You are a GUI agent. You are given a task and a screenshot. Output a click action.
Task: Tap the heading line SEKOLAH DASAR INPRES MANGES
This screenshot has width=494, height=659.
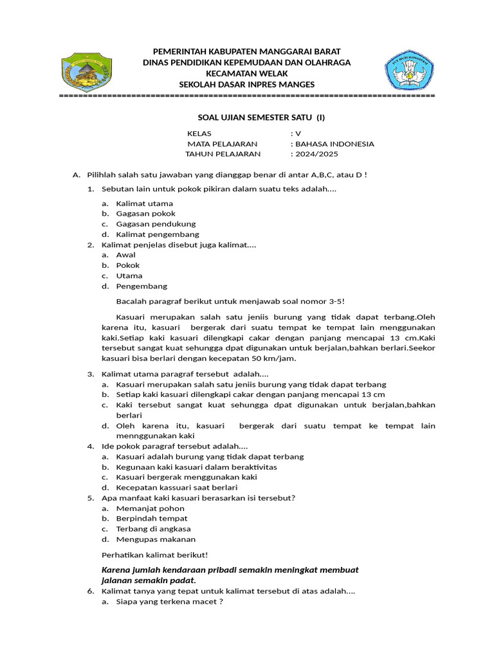click(x=247, y=85)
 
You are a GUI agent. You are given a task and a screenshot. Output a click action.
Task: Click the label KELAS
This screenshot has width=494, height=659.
click(x=199, y=134)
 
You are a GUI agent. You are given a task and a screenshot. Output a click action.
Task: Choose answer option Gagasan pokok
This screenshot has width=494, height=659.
click(x=145, y=214)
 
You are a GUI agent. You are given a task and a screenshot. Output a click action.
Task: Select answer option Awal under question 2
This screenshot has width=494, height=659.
click(x=125, y=255)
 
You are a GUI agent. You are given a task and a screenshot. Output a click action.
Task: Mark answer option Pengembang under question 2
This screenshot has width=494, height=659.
click(x=142, y=286)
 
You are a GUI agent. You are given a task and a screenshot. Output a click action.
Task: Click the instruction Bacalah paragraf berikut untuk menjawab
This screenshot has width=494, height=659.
click(x=234, y=301)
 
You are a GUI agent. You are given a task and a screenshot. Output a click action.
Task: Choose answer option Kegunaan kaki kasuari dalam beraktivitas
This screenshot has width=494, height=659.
click(x=196, y=467)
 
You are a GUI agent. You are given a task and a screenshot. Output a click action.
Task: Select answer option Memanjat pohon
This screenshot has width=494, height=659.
click(x=150, y=508)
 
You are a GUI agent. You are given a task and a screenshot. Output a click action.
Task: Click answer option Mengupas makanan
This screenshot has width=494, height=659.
click(x=156, y=539)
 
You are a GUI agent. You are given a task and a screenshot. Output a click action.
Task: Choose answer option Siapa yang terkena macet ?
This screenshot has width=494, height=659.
click(x=169, y=602)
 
